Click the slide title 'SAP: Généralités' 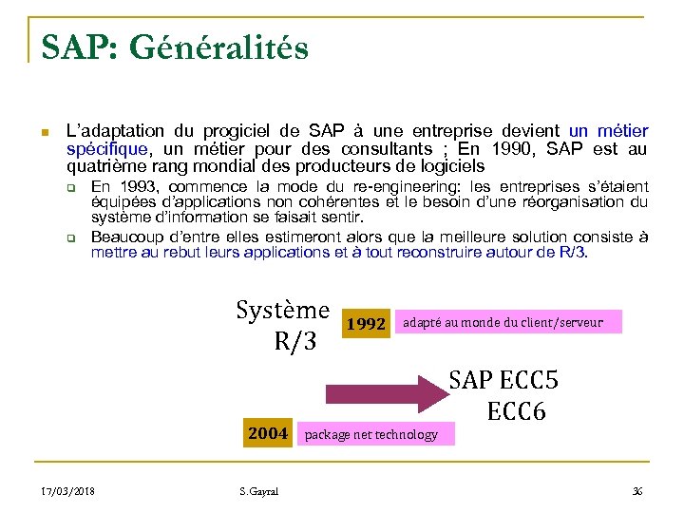click(175, 47)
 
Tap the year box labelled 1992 click(366, 324)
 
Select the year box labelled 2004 click(267, 433)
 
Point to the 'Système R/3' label click(283, 326)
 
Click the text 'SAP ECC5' click(503, 381)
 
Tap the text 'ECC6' click(517, 412)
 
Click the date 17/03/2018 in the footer click(67, 490)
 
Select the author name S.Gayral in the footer click(259, 490)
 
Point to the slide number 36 click(637, 490)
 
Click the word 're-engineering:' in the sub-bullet click(410, 187)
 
